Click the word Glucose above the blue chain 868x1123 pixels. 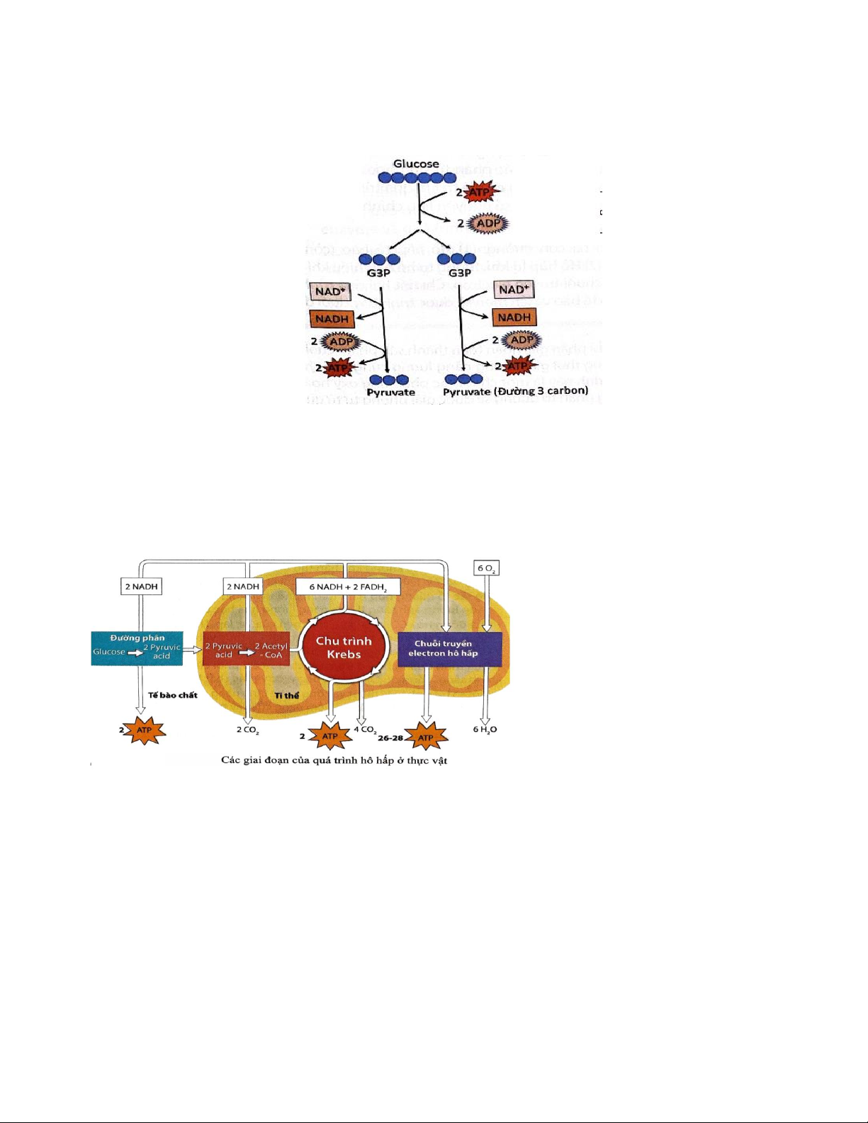pyautogui.click(x=416, y=164)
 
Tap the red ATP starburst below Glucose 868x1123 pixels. pyautogui.click(x=480, y=192)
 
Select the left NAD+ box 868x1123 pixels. pyautogui.click(x=329, y=291)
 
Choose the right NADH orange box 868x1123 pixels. pyautogui.click(x=514, y=317)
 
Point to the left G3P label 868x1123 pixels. pyautogui.click(x=378, y=273)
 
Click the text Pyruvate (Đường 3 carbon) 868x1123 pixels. pyautogui.click(x=515, y=391)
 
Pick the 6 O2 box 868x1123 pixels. pyautogui.click(x=487, y=568)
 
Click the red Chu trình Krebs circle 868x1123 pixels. pyautogui.click(x=344, y=648)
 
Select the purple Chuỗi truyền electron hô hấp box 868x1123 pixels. pyautogui.click(x=449, y=649)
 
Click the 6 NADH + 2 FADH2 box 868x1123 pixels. pyautogui.click(x=348, y=587)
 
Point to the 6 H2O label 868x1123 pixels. pyautogui.click(x=485, y=729)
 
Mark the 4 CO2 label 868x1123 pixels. pyautogui.click(x=365, y=729)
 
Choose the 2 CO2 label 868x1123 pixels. pyautogui.click(x=247, y=729)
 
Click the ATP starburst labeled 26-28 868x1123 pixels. pyautogui.click(x=425, y=738)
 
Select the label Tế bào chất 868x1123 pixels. pyautogui.click(x=173, y=695)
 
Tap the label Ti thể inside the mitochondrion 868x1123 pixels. pyautogui.click(x=287, y=696)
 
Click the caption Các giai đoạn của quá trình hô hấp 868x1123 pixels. pyautogui.click(x=334, y=760)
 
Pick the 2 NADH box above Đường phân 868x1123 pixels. pyautogui.click(x=142, y=587)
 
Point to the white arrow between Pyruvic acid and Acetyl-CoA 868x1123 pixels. pyautogui.click(x=247, y=652)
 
